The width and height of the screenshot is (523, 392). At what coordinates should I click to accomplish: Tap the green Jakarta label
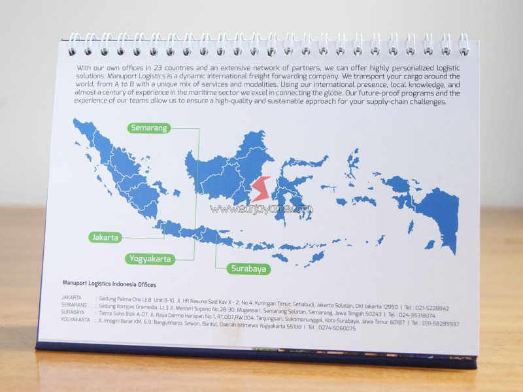[105, 237]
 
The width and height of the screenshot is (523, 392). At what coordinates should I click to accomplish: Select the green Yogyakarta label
[150, 259]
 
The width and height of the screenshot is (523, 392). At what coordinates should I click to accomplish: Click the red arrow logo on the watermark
[261, 189]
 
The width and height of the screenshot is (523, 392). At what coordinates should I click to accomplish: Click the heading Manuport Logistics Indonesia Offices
[109, 284]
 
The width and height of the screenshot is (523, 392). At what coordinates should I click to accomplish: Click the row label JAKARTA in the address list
[71, 297]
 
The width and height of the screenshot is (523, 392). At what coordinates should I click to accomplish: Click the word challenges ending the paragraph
[425, 102]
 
